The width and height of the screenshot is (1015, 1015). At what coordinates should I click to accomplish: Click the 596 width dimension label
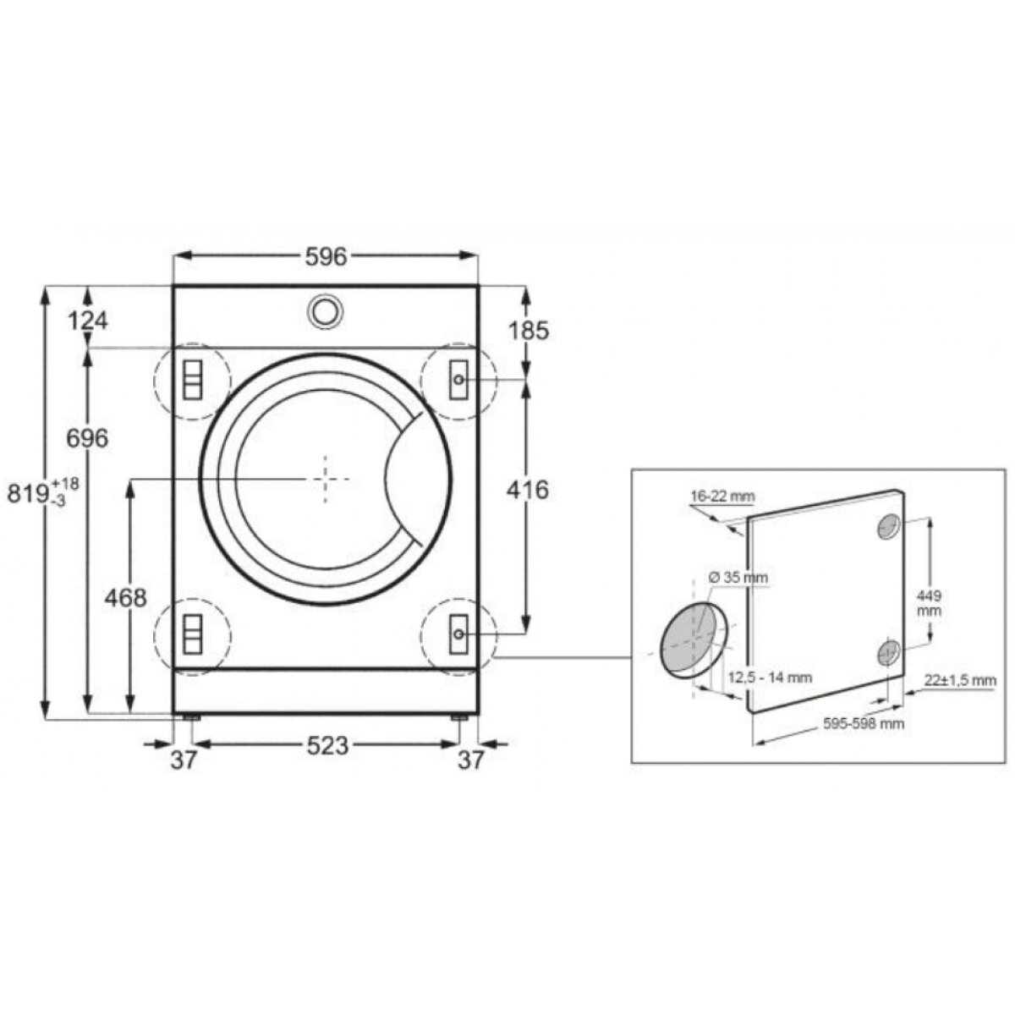[326, 256]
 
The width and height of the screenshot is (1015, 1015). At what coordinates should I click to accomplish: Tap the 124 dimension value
[88, 321]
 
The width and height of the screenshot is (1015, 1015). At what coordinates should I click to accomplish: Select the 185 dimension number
[529, 331]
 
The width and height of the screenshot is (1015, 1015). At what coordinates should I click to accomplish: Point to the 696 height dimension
[87, 437]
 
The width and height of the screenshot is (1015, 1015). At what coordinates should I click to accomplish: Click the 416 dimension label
[527, 491]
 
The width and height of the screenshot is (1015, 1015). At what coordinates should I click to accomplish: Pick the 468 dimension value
[125, 598]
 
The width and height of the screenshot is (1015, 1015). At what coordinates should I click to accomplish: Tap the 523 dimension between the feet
[327, 746]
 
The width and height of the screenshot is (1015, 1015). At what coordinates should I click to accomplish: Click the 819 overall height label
[43, 493]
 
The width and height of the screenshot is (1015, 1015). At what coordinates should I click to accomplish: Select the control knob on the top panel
[326, 312]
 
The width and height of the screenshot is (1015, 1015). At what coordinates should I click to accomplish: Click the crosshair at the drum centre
[326, 479]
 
